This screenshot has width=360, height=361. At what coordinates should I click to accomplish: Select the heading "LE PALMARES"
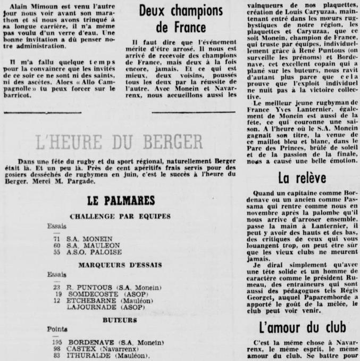coord(119,200)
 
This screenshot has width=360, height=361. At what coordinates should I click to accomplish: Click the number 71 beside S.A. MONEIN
coord(56,240)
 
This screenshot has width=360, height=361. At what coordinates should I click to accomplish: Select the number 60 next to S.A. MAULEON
coord(56,246)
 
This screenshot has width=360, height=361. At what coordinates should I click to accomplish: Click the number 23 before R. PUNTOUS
coord(56,287)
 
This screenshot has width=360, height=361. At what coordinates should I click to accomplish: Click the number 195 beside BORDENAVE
coord(57,341)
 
